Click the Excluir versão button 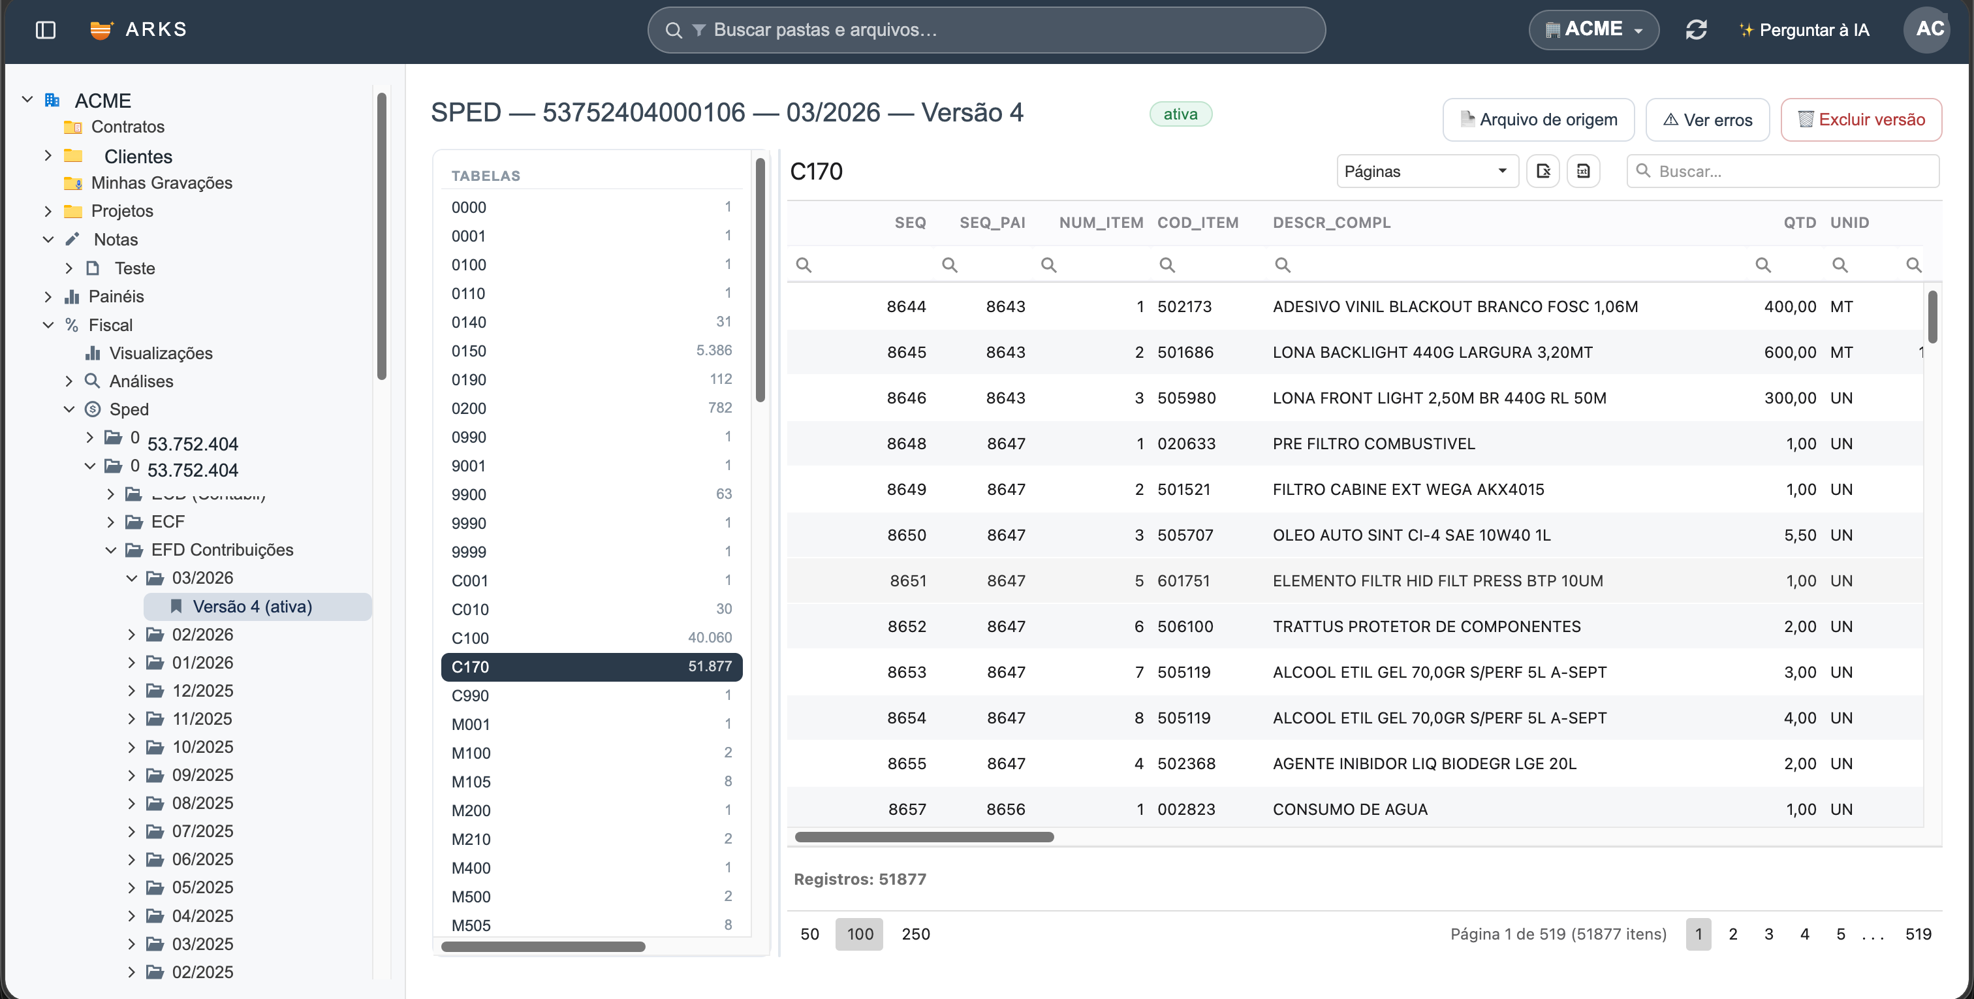1860,119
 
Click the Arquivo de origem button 1538,119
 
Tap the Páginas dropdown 1427,171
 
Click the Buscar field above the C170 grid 1783,171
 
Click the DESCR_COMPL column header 1331,223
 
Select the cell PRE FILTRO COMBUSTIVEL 1373,444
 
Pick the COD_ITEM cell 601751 1183,581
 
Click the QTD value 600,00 1790,353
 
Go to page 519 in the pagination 1918,934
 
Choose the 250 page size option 916,934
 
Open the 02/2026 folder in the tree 202,634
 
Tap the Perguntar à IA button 1804,30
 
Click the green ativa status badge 1180,114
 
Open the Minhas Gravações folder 161,182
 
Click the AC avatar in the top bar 1928,29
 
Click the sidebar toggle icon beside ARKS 46,30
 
